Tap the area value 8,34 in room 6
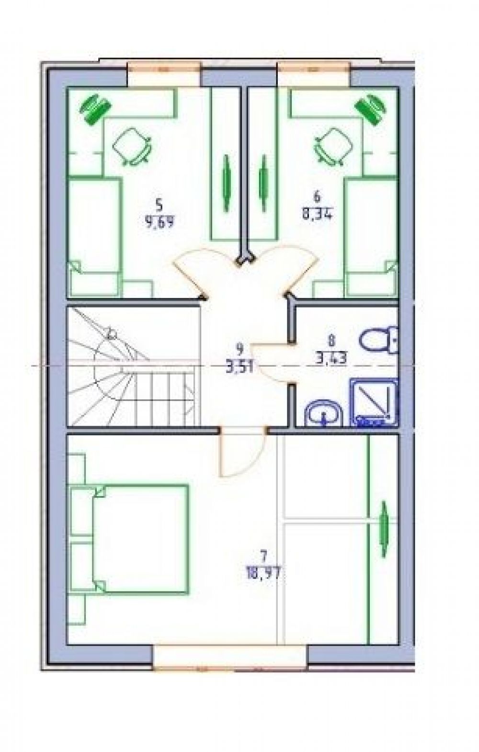[317, 215]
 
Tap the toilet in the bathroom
[379, 340]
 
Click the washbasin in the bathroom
[324, 414]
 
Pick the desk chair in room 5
[132, 147]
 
